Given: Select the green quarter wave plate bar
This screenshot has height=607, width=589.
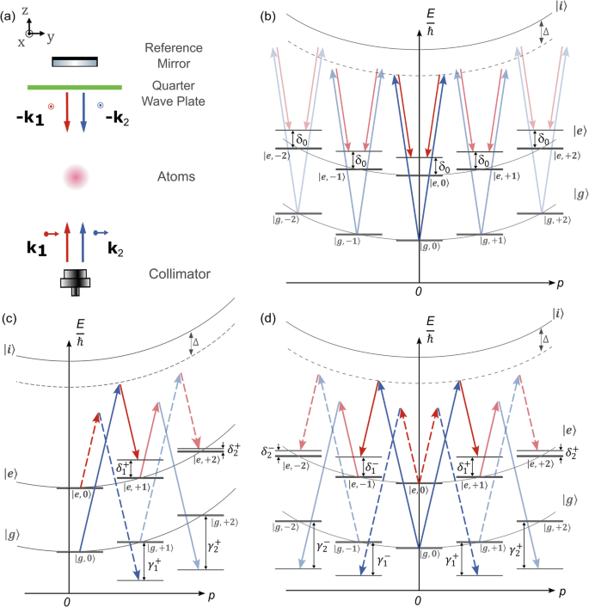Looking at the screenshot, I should pyautogui.click(x=75, y=86).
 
